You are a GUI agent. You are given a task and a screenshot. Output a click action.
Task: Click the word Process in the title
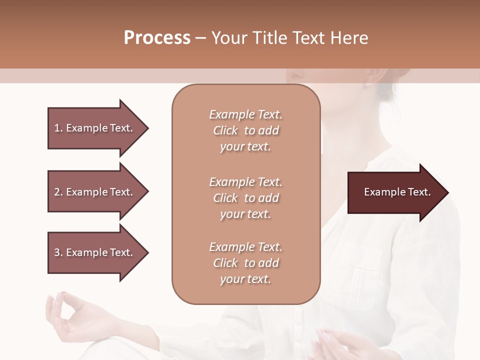coord(157,37)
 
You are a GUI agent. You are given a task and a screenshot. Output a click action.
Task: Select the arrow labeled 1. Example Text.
coord(95,128)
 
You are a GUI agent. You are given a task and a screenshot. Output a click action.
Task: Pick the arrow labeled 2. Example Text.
coord(95,192)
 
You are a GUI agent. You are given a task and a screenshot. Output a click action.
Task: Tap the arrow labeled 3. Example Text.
coord(95,252)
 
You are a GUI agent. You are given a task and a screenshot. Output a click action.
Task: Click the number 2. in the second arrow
coord(58,192)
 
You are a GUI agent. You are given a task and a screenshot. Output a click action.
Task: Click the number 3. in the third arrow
coord(58,252)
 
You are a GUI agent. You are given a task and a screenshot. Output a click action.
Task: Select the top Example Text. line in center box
coord(245,114)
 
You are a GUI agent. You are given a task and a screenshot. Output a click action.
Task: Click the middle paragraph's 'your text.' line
coord(245,214)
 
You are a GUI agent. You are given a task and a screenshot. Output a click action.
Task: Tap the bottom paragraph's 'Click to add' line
coord(245,263)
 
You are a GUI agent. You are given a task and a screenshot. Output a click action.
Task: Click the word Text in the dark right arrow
coord(419,192)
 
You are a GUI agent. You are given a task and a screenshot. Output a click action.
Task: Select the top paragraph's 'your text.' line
coord(245,147)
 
